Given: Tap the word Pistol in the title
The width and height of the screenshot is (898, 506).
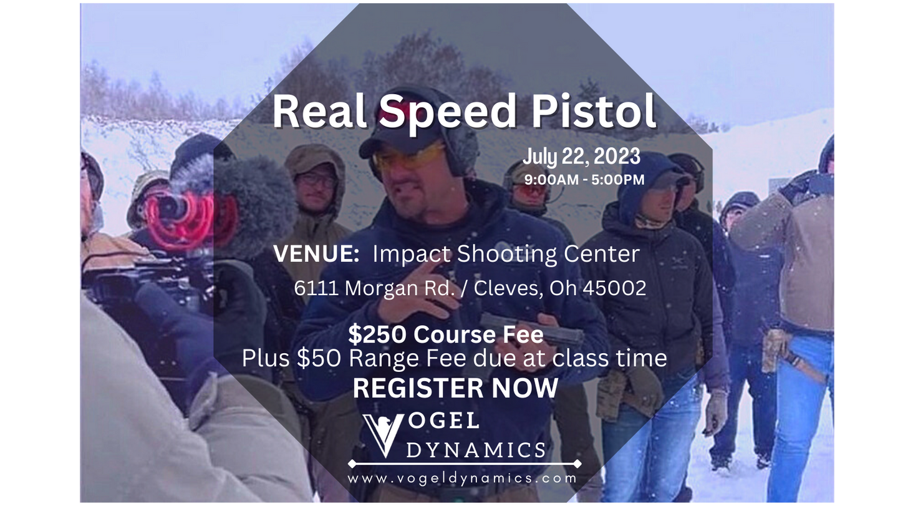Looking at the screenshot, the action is coord(594,110).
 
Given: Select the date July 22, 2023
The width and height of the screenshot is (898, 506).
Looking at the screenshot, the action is coord(581,157).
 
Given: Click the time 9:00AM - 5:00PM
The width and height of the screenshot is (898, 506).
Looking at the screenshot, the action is coord(584,180).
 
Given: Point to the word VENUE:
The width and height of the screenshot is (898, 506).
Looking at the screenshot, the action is coord(316,254).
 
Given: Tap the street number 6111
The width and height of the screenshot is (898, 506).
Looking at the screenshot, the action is coord(316,288).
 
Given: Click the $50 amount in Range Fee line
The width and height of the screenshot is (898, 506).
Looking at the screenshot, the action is coord(319,358).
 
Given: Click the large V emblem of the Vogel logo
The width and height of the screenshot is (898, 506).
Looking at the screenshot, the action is coord(383,435).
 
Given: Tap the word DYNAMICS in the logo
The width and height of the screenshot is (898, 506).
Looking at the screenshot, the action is coord(476,450).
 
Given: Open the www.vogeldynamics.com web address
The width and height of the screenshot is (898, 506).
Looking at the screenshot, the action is coord(462,479).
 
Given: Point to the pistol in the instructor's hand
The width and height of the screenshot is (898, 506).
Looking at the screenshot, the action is coord(531,329).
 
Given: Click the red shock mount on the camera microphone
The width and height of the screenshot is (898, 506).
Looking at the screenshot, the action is coord(188,220).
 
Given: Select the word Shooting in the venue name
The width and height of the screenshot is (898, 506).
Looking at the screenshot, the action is coord(507,255).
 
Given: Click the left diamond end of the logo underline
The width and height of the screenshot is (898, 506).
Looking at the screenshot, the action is coord(352,464).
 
